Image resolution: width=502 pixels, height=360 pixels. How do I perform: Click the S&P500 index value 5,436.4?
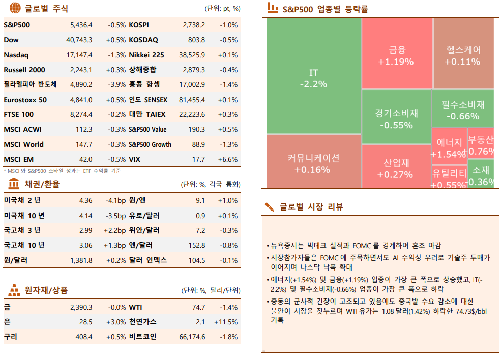click(x=81, y=25)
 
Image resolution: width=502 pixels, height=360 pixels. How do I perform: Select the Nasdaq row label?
click(x=16, y=55)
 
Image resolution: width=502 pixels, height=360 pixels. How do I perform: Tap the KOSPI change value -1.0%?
click(x=228, y=25)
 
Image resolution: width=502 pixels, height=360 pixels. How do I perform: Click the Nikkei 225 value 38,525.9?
click(x=192, y=55)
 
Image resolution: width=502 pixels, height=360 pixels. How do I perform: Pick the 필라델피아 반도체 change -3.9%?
click(x=116, y=85)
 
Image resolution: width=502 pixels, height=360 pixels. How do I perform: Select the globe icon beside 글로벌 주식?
click(x=15, y=9)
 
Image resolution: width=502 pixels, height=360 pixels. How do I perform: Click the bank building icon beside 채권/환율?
click(x=14, y=184)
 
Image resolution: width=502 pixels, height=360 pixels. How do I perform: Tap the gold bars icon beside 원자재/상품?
click(x=14, y=290)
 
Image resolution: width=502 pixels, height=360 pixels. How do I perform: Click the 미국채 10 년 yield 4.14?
click(x=85, y=216)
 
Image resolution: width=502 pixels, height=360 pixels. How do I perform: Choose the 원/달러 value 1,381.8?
click(x=81, y=260)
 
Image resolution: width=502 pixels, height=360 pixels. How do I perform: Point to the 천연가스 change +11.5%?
click(x=226, y=322)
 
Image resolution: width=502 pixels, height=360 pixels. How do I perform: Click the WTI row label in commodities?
click(x=136, y=307)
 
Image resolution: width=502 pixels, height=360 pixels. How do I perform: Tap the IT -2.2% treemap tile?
click(x=313, y=76)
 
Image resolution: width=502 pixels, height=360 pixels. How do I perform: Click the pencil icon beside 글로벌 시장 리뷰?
click(x=269, y=207)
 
